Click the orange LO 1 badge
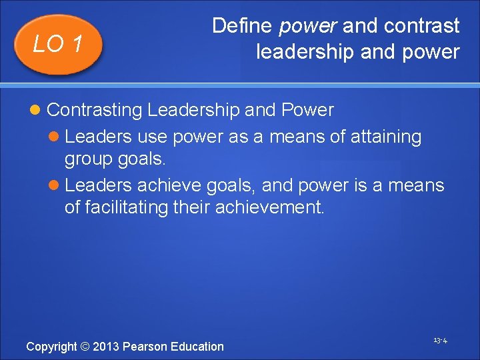(x=58, y=44)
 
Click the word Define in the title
(x=242, y=26)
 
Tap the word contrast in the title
(x=421, y=26)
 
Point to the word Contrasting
(x=95, y=109)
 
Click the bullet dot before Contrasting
(x=37, y=109)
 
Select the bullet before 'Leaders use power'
(x=55, y=137)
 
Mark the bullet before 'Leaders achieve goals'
(x=55, y=185)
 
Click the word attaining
(x=386, y=137)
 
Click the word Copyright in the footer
(x=51, y=347)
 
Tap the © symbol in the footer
(x=84, y=347)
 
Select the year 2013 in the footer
(x=105, y=347)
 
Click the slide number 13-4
(x=440, y=341)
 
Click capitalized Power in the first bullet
(x=308, y=109)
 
